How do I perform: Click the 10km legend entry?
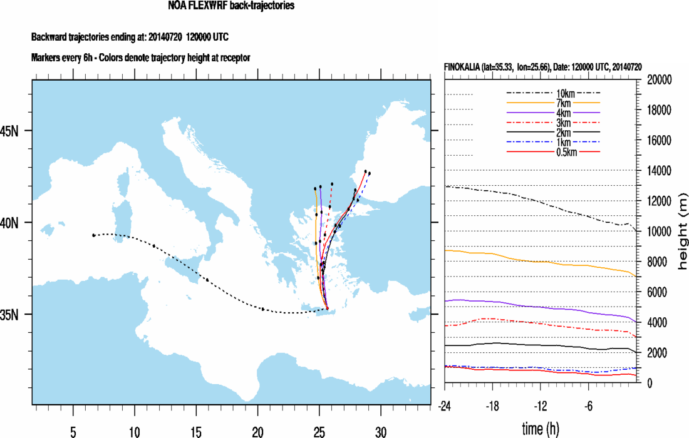[x=553, y=93]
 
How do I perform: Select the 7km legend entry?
[x=553, y=103]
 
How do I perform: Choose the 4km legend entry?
[x=553, y=113]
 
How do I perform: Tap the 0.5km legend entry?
[x=553, y=151]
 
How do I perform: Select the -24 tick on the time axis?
[x=446, y=405]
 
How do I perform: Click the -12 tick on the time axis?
[x=541, y=405]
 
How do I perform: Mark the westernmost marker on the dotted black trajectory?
[x=93, y=235]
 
